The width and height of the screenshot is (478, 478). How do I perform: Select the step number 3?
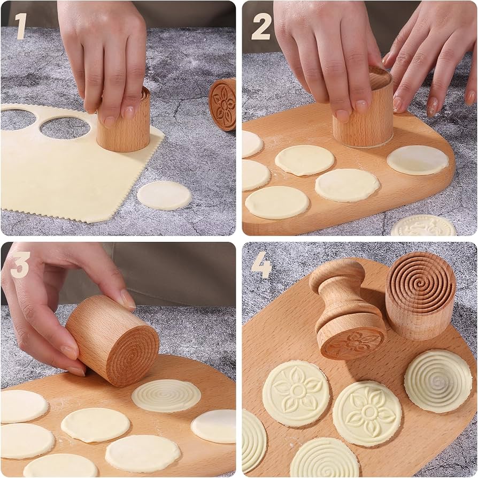pyautogui.click(x=19, y=265)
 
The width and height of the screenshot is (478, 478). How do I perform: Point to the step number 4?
pyautogui.click(x=261, y=265)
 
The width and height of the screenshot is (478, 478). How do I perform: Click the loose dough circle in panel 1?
pyautogui.click(x=164, y=195)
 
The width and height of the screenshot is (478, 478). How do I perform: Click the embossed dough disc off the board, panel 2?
pyautogui.click(x=423, y=226)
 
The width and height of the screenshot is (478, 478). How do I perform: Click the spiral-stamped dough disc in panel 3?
pyautogui.click(x=166, y=396)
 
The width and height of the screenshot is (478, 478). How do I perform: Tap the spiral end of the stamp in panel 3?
pyautogui.click(x=131, y=356)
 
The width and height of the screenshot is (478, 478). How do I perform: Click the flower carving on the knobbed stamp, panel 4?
pyautogui.click(x=352, y=343)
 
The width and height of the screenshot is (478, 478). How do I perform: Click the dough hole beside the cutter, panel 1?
pyautogui.click(x=65, y=127)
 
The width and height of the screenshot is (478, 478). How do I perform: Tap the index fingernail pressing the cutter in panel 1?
pyautogui.click(x=129, y=112)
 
